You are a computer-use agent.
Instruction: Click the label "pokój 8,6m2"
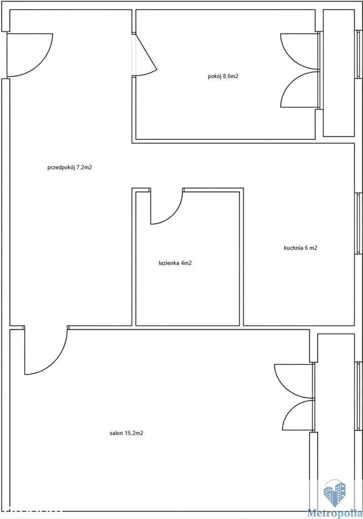coord(223,76)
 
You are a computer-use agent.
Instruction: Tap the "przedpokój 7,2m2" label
coord(69,167)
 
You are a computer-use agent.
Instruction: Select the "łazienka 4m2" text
coord(175,264)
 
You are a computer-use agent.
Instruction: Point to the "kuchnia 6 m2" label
coord(301,247)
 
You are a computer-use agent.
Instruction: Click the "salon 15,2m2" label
coord(126,433)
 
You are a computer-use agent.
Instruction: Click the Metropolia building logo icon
coord(335,493)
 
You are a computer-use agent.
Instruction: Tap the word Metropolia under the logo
coord(335,513)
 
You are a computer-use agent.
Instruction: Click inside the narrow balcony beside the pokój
coord(339,73)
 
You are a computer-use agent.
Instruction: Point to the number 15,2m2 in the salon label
coord(134,433)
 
